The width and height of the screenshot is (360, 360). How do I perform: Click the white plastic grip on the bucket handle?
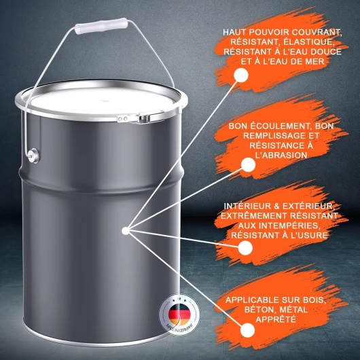(x=101, y=26)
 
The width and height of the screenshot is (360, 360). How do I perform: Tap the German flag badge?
(x=179, y=314)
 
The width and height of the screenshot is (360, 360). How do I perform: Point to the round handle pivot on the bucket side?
(x=33, y=156)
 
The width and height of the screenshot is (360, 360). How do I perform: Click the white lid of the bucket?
(x=101, y=101)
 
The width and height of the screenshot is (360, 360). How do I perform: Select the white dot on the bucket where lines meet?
(x=126, y=231)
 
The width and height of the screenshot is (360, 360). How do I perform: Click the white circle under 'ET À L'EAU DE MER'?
(x=241, y=75)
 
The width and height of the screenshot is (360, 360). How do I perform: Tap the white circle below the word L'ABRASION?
(x=248, y=164)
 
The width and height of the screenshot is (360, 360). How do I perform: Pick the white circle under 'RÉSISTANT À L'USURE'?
(x=245, y=248)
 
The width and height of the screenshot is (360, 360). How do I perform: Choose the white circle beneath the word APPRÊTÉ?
(x=248, y=330)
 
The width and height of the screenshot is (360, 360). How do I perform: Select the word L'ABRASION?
(x=281, y=156)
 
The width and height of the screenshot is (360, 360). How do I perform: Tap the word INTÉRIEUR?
(x=247, y=206)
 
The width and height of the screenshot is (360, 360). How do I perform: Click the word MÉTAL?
(x=293, y=310)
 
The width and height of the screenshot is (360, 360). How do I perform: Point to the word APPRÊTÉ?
(x=276, y=319)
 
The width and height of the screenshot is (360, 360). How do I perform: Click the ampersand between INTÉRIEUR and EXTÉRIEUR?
(x=276, y=206)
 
